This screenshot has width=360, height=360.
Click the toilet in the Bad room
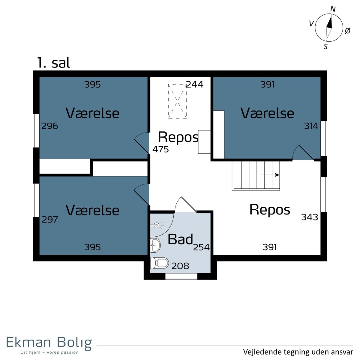click(x=159, y=263)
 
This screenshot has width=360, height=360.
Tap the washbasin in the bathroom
click(x=155, y=245)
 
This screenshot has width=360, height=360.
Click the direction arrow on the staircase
click(x=270, y=175)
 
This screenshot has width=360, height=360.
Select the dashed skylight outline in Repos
click(x=177, y=101)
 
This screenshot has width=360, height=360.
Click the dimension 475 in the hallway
click(x=160, y=149)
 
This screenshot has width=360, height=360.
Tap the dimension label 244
click(x=195, y=84)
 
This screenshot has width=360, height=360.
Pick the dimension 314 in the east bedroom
click(x=311, y=126)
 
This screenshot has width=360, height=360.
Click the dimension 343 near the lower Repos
click(x=310, y=217)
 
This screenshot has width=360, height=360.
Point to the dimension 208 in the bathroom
click(x=180, y=266)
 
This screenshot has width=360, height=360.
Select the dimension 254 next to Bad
click(x=201, y=247)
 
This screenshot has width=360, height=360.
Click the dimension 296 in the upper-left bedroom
click(x=49, y=126)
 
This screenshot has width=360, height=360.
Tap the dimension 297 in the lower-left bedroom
click(x=50, y=220)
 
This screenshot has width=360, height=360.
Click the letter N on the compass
click(x=333, y=9)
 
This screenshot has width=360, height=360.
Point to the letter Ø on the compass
click(x=347, y=31)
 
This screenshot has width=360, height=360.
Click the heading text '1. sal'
click(x=54, y=63)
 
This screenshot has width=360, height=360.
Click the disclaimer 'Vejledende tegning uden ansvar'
click(x=298, y=352)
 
